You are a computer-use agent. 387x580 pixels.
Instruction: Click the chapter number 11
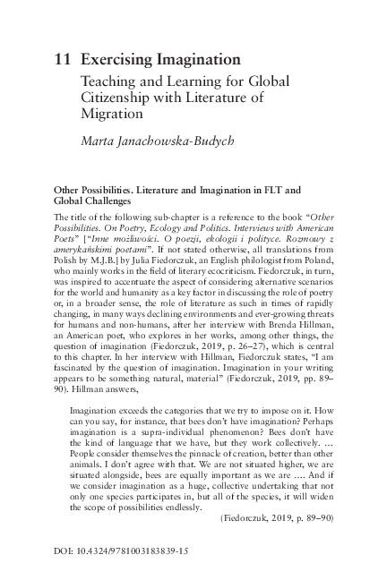[x=64, y=60]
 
